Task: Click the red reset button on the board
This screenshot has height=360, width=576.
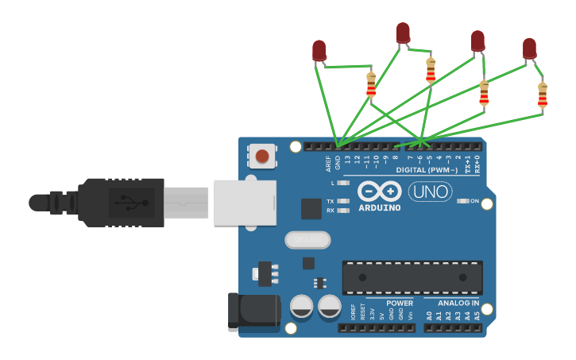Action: coord(262,156)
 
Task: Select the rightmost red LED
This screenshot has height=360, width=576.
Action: coord(530,48)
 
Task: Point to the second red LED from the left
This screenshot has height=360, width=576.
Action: coord(403,33)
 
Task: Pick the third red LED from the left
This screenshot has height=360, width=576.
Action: coord(477,41)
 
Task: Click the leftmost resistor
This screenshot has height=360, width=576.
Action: coord(371,84)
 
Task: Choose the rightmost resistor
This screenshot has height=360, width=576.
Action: coord(543,95)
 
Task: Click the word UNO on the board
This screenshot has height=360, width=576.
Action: coord(430,192)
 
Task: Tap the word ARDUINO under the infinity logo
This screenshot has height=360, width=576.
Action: coord(379,208)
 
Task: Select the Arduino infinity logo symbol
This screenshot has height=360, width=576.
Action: coord(378,192)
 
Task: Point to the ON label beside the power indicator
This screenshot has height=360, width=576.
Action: coord(475,201)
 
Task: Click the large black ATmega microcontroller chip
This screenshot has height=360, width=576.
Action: coord(412,277)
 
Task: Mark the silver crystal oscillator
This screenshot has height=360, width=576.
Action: coord(306,239)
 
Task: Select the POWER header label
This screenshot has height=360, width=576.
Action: coord(400,303)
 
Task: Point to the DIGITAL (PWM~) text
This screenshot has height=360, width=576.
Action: coord(427,170)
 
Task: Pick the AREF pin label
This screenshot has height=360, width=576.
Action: coord(328,164)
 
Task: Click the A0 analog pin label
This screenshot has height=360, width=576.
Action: coord(429,316)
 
